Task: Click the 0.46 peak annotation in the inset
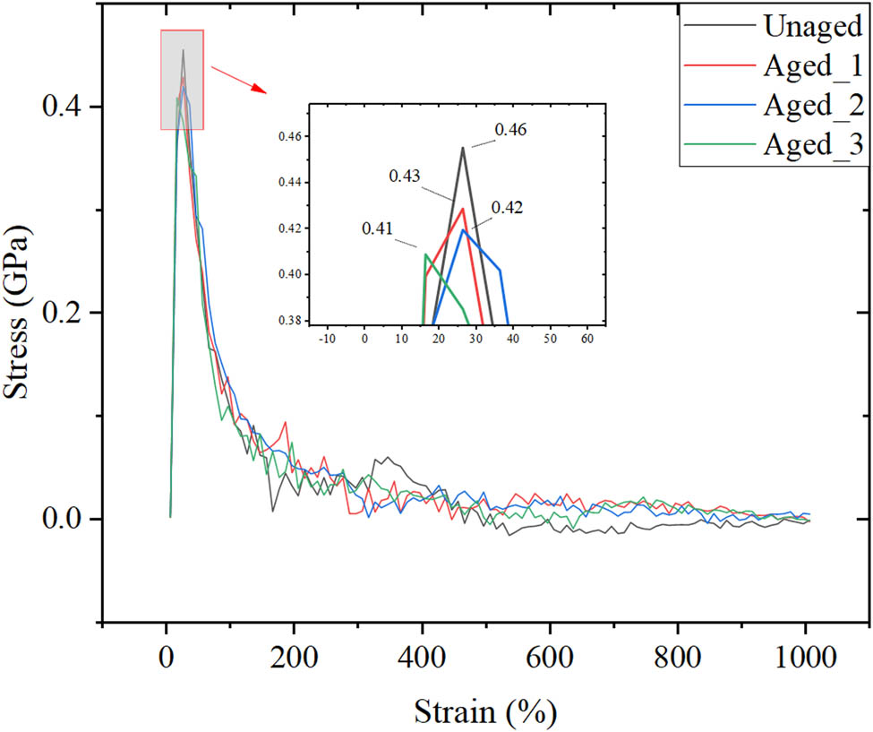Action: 509,129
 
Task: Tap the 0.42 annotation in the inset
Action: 507,207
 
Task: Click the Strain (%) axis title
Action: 485,713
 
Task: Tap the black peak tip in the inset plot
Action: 463,148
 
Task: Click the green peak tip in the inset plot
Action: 425,254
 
